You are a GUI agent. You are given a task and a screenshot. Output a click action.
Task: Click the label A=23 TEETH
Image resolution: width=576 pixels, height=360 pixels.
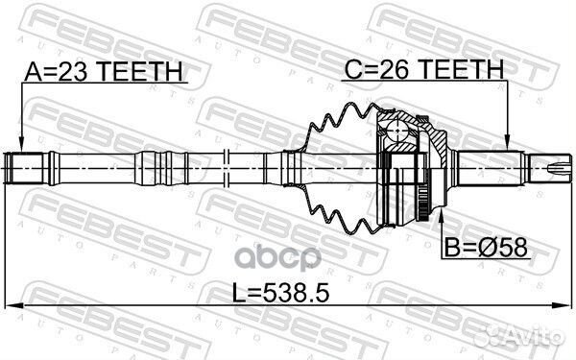click(101, 71)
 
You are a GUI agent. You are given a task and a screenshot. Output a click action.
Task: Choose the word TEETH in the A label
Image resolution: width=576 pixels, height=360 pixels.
click(145, 71)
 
